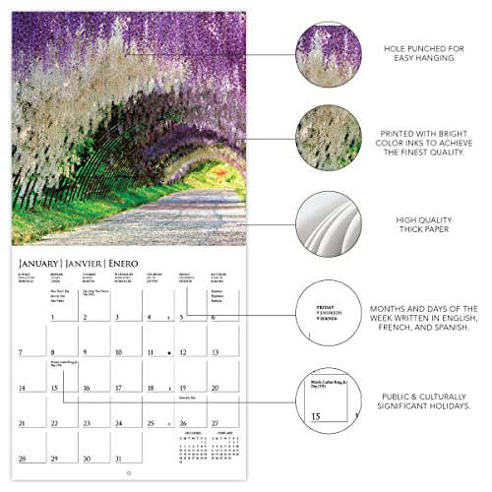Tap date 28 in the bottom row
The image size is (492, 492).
click(22, 458)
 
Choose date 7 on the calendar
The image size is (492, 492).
click(20, 351)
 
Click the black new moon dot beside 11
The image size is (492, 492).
click(169, 351)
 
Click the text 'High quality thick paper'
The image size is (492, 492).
click(426, 224)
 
